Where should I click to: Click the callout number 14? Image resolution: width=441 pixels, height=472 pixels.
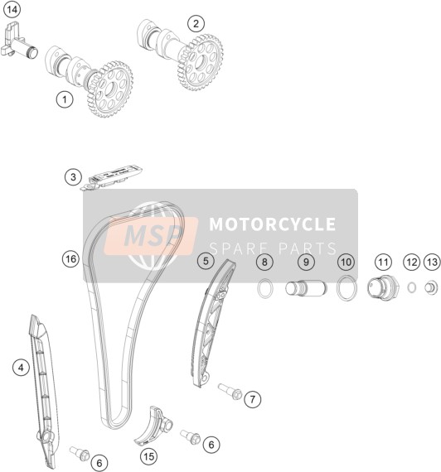tap(12, 10)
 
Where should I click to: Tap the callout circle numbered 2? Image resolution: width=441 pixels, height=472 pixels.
tap(196, 23)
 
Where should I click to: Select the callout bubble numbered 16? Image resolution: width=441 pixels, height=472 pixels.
tap(70, 259)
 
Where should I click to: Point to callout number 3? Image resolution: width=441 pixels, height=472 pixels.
tap(73, 176)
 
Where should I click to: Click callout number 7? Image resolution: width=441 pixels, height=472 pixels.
tap(252, 399)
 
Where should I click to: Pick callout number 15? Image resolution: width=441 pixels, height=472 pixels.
tap(149, 456)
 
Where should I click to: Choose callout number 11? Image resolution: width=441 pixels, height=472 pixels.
tap(383, 262)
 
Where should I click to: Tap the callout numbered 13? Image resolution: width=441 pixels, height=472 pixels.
tap(432, 262)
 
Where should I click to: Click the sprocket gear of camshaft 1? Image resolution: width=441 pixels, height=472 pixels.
tap(109, 89)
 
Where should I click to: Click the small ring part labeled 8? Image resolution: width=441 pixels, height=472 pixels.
tap(265, 288)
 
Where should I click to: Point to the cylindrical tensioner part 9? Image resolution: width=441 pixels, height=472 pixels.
tap(306, 288)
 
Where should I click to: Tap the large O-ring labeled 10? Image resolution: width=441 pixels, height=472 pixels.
tap(346, 288)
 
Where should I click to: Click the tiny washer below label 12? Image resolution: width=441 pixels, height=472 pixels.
tap(412, 287)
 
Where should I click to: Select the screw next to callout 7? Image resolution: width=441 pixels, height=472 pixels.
tap(230, 392)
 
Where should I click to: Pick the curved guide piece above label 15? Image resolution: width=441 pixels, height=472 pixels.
tap(153, 426)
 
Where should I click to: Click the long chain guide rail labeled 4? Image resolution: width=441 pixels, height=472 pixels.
tap(44, 388)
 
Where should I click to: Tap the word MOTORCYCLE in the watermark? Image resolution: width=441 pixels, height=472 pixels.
tap(273, 224)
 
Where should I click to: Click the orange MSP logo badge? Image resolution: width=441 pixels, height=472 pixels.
tap(151, 236)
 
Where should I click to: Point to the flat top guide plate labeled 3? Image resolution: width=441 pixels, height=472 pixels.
tap(112, 177)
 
